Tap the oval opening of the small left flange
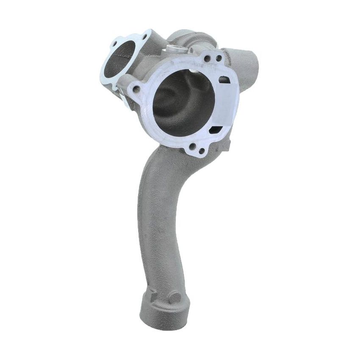pyautogui.click(x=119, y=60)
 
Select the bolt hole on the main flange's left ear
pyautogui.click(x=136, y=89)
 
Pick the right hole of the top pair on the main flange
pyautogui.click(x=219, y=58)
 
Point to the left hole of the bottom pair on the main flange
pyautogui.click(x=193, y=147)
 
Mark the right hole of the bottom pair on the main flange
pyautogui.click(x=202, y=150)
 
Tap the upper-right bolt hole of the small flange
pyautogui.click(x=144, y=37)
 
